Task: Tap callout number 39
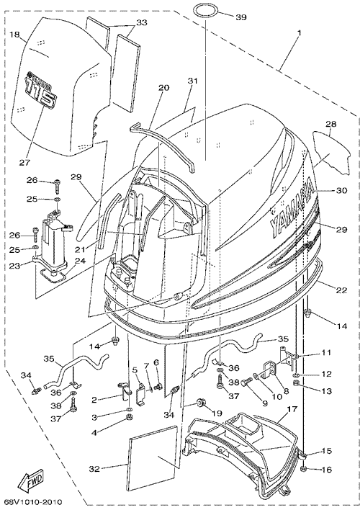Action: click(x=241, y=17)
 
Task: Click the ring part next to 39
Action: click(x=205, y=11)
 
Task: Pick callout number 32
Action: click(x=95, y=470)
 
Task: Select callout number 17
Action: click(x=292, y=409)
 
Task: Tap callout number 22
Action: click(x=341, y=290)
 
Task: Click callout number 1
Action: click(x=300, y=33)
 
